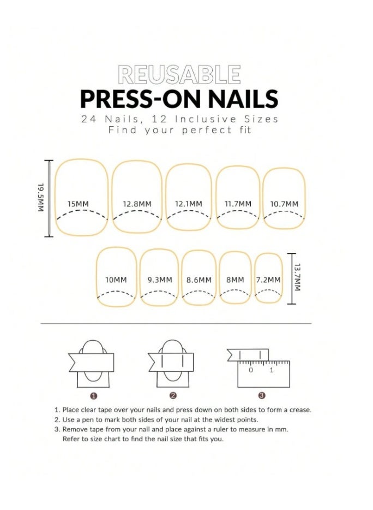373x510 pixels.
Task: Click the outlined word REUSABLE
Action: pyautogui.click(x=179, y=75)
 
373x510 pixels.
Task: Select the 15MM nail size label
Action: pyautogui.click(x=78, y=204)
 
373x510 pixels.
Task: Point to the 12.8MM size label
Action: pyautogui.click(x=137, y=204)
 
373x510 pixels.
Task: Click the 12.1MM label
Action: pyautogui.click(x=188, y=204)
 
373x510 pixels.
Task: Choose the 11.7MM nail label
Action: pyautogui.click(x=238, y=204)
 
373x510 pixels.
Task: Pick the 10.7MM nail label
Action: pyautogui.click(x=285, y=204)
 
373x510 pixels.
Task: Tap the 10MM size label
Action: pyautogui.click(x=116, y=280)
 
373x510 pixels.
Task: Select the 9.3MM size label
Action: pyautogui.click(x=160, y=280)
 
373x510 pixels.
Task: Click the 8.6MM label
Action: pyautogui.click(x=199, y=280)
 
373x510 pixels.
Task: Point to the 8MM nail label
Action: pyautogui.click(x=236, y=280)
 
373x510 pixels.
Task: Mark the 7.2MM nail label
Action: pyautogui.click(x=268, y=280)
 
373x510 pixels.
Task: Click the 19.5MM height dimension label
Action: pyautogui.click(x=41, y=198)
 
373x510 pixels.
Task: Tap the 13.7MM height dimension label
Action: pyautogui.click(x=298, y=278)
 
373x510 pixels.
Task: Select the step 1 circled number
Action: pyautogui.click(x=94, y=395)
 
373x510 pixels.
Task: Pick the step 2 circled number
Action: pyautogui.click(x=173, y=395)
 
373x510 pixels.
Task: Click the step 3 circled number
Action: pyautogui.click(x=262, y=395)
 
